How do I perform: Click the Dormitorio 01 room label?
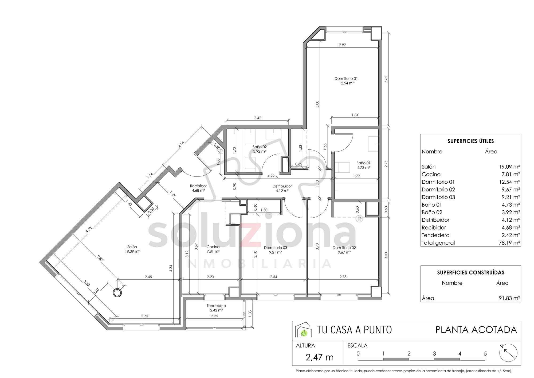pyautogui.click(x=346, y=79)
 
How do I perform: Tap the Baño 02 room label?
pyautogui.click(x=260, y=147)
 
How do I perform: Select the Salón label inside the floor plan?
pyautogui.click(x=132, y=247)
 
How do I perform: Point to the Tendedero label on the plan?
pyautogui.click(x=216, y=306)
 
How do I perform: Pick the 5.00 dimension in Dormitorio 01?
pyautogui.click(x=317, y=104)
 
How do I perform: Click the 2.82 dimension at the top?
pyautogui.click(x=342, y=45)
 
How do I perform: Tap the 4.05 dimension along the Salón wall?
pyautogui.click(x=89, y=230)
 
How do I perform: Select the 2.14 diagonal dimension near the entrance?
pyautogui.click(x=181, y=144)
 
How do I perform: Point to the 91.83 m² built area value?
pyautogui.click(x=509, y=298)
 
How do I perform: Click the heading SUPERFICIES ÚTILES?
pyautogui.click(x=471, y=141)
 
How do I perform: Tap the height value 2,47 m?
pyautogui.click(x=320, y=357)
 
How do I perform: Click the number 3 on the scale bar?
pyautogui.click(x=434, y=354)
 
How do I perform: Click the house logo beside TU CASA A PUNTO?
pyautogui.click(x=303, y=330)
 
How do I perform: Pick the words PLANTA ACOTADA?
pyautogui.click(x=476, y=330)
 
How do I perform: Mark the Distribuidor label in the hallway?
pyautogui.click(x=282, y=186)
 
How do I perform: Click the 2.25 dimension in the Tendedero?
pyautogui.click(x=214, y=316)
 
